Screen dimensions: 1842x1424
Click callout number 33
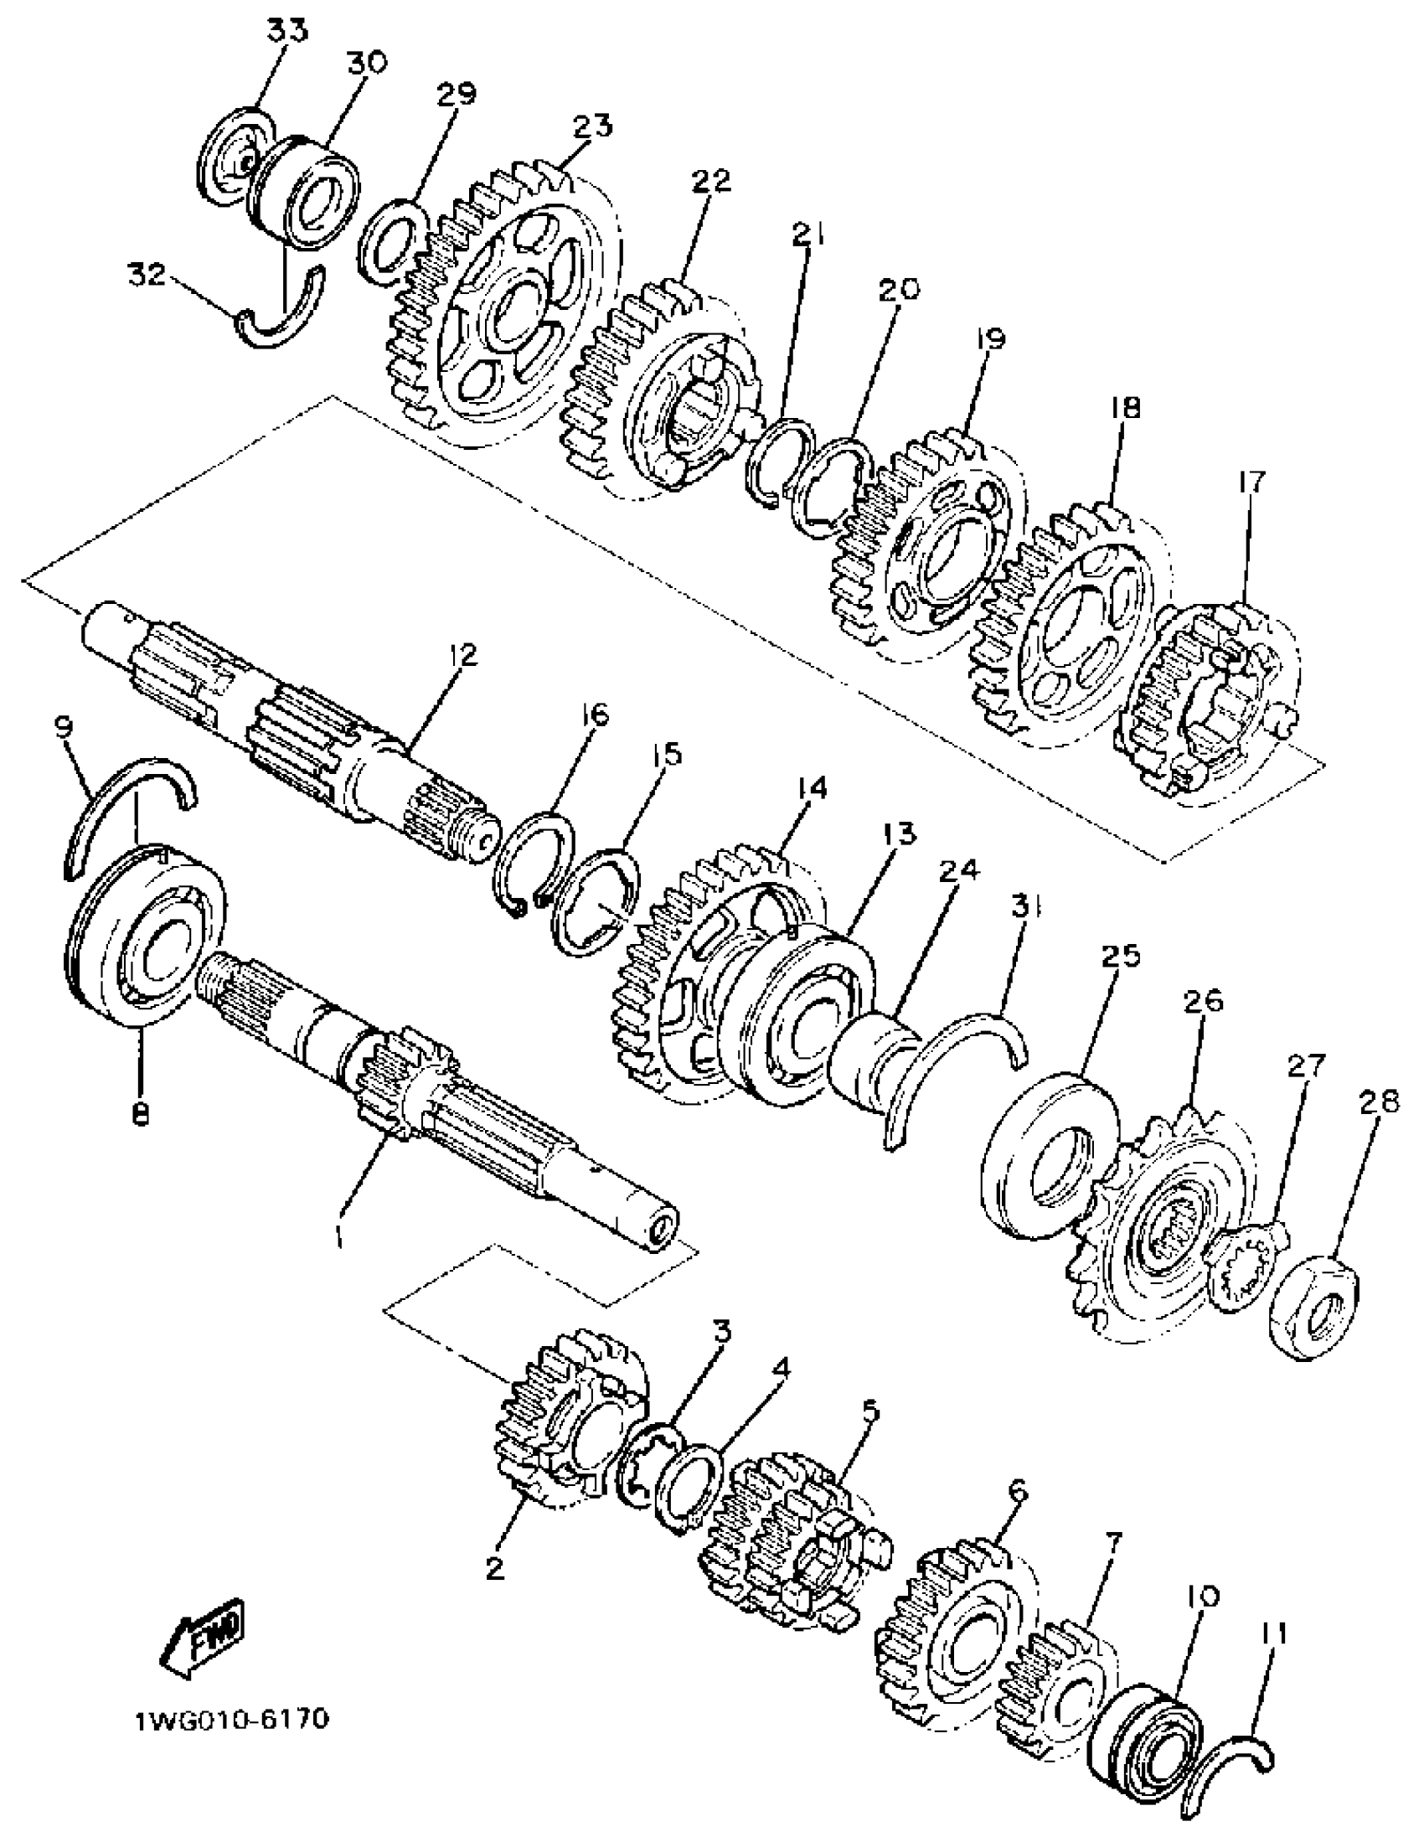[x=287, y=31]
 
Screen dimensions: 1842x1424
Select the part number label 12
[x=462, y=655]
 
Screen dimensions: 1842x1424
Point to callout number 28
[x=1379, y=1102]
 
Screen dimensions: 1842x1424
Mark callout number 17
[x=1252, y=483]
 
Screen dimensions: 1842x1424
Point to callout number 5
[x=869, y=1408]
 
